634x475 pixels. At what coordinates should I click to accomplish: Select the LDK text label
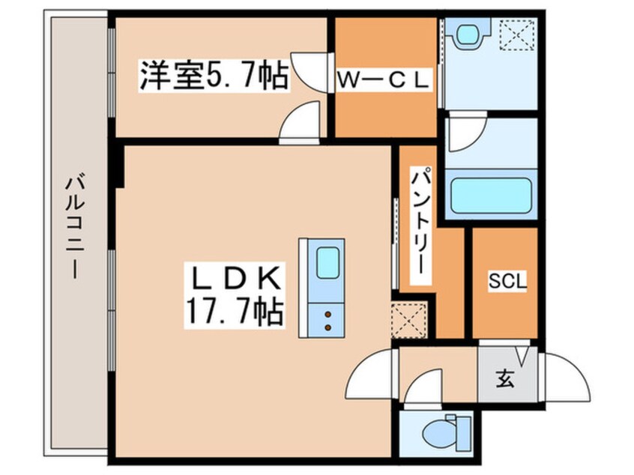pos(235,279)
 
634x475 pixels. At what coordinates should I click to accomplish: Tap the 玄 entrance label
pos(504,380)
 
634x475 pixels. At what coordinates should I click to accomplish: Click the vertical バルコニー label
pos(74,225)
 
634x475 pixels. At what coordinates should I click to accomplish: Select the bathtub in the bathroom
pos(490,193)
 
